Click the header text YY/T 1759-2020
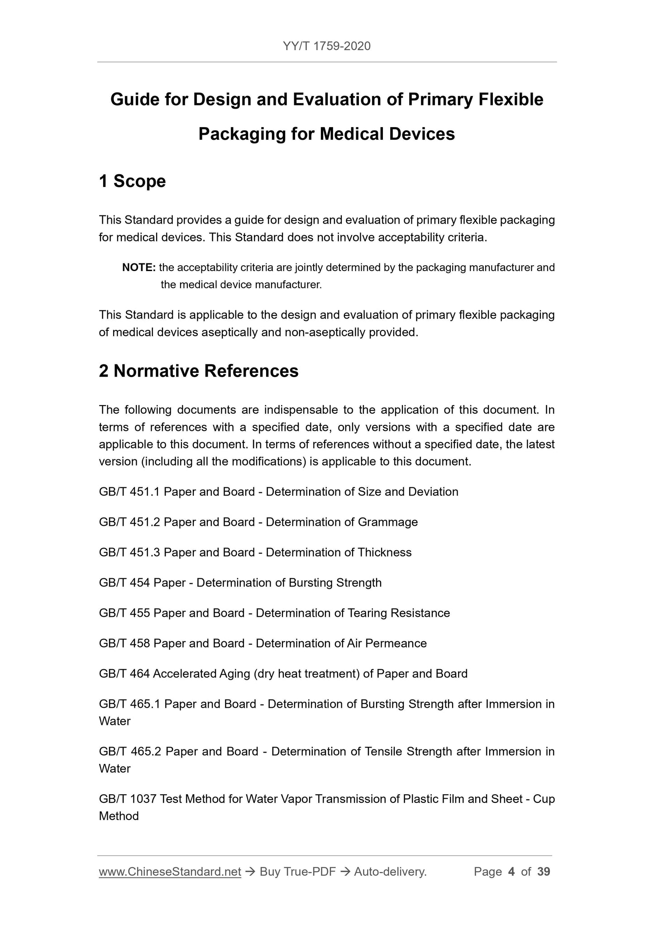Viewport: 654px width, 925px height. pyautogui.click(x=326, y=46)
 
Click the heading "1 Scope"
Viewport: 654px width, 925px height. pyautogui.click(x=132, y=181)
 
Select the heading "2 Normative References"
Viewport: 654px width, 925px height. pyautogui.click(x=199, y=371)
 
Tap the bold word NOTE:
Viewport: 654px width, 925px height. pyautogui.click(x=139, y=267)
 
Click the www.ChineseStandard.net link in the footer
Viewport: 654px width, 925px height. pyautogui.click(x=170, y=872)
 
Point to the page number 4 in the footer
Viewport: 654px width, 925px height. pyautogui.click(x=511, y=872)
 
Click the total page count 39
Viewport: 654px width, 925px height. pyautogui.click(x=544, y=872)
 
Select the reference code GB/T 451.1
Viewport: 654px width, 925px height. pyautogui.click(x=129, y=492)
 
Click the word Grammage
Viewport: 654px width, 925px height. pyautogui.click(x=387, y=522)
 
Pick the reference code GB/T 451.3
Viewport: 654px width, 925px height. pyautogui.click(x=129, y=553)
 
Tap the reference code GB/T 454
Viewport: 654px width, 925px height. pyautogui.click(x=124, y=583)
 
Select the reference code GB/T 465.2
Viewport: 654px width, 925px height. pyautogui.click(x=130, y=752)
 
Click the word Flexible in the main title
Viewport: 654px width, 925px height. pyautogui.click(x=511, y=100)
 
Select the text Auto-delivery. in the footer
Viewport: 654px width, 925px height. pyautogui.click(x=390, y=872)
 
